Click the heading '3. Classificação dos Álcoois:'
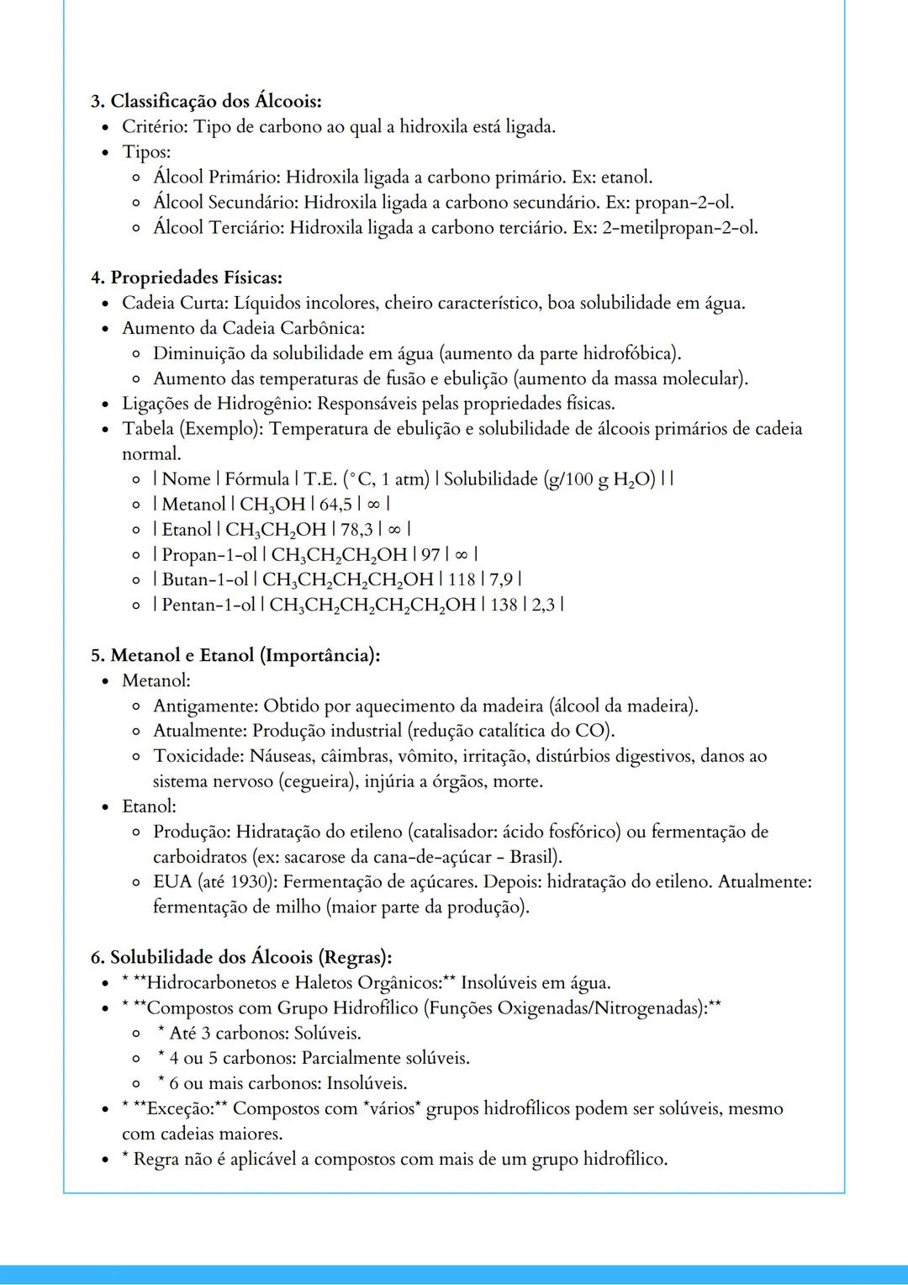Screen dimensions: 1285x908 (206, 102)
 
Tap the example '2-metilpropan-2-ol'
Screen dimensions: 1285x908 (678, 228)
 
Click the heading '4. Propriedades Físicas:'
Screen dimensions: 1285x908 (187, 278)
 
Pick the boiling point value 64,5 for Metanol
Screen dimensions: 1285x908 (335, 505)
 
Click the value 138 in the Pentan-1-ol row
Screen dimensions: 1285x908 (504, 605)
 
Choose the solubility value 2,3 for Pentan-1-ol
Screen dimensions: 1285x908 (543, 605)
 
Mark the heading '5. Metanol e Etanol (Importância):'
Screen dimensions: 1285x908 (235, 655)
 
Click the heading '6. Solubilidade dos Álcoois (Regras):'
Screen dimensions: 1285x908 (241, 957)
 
